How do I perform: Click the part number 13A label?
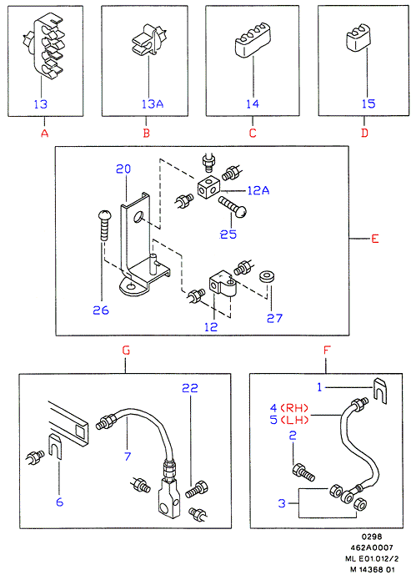(x=153, y=104)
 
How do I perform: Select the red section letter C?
(x=253, y=133)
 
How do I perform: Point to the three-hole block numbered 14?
(x=253, y=40)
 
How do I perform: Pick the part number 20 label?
(x=123, y=169)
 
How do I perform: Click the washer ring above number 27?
(x=268, y=277)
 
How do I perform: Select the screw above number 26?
(x=103, y=225)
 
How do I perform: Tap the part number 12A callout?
(x=258, y=190)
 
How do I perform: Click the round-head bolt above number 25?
(x=233, y=206)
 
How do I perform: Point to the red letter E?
(x=375, y=239)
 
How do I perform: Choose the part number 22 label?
(x=190, y=388)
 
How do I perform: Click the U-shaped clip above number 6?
(x=55, y=446)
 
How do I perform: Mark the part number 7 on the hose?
(x=128, y=456)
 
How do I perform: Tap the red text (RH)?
(x=294, y=408)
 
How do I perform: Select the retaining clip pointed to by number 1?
(x=380, y=391)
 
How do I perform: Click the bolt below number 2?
(x=303, y=472)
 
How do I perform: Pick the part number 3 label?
(x=282, y=503)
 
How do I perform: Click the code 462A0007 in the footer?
(x=372, y=547)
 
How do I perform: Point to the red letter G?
(x=126, y=351)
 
